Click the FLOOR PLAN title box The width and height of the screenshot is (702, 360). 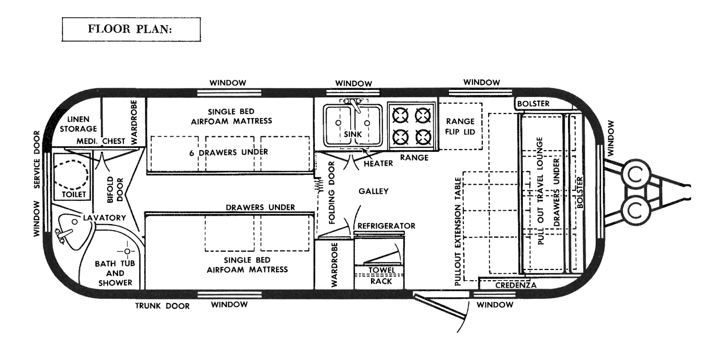coord(131,29)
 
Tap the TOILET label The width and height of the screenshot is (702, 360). coord(74,194)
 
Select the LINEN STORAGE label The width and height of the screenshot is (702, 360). coord(78,124)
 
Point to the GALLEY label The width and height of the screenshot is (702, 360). coord(373,191)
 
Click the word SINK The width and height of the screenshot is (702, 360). coord(353,134)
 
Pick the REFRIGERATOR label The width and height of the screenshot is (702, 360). coord(386,226)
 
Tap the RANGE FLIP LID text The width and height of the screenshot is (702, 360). coord(460,127)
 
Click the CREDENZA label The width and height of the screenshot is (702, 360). coord(516,285)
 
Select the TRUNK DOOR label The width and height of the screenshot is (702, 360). coord(162,306)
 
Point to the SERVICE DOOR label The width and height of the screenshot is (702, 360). coord(37,159)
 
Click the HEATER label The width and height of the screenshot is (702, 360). coord(378,164)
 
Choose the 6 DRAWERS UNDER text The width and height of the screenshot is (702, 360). coord(229,152)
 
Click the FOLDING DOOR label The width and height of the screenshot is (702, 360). coord(332,193)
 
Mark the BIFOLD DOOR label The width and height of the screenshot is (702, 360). coord(115,190)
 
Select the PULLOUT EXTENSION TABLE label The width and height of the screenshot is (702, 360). coord(458,231)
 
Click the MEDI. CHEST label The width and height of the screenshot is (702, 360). coord(101,141)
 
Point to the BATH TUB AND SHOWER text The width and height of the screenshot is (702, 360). coord(115,273)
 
